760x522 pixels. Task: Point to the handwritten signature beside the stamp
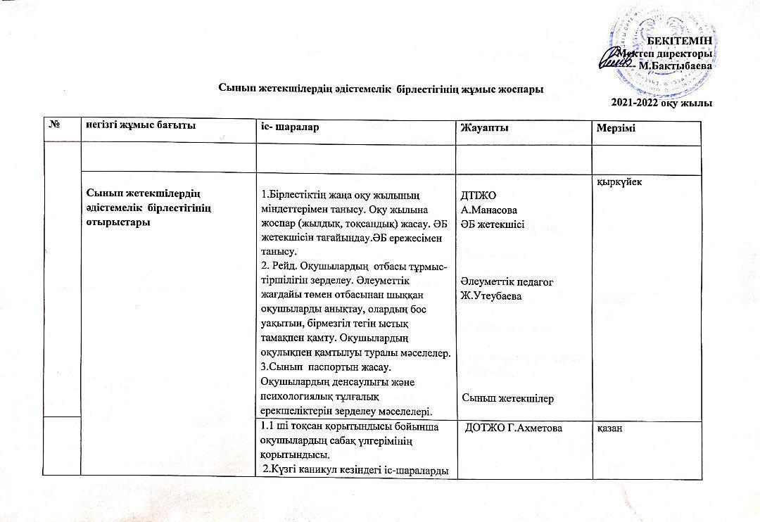click(x=614, y=63)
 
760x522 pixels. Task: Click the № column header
click(x=53, y=125)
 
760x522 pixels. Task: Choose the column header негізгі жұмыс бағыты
click(x=139, y=125)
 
